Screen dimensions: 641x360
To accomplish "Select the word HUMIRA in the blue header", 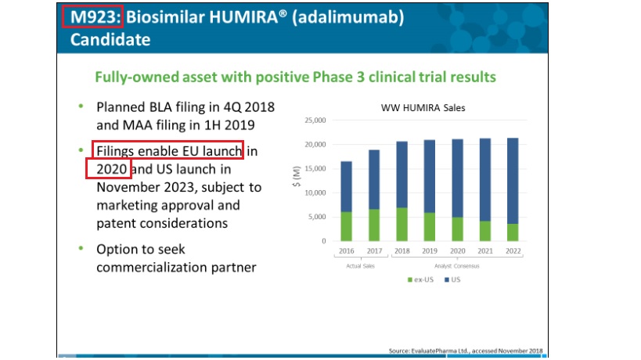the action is click(243, 17).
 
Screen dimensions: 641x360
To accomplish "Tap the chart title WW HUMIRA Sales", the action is click(423, 108).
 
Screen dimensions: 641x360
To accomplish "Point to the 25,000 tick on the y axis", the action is click(315, 121).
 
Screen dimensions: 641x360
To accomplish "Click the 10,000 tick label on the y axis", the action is click(315, 193).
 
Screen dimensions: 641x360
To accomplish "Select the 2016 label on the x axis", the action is click(346, 251).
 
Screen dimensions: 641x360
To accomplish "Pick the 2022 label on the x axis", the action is click(513, 251).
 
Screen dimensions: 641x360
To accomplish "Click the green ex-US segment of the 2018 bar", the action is click(402, 225).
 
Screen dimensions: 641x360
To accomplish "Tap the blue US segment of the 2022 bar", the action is click(513, 181).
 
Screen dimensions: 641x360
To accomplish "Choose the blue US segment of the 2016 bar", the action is click(346, 187).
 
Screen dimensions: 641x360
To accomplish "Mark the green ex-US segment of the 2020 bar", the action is click(457, 229).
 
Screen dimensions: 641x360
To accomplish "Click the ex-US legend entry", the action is click(420, 279).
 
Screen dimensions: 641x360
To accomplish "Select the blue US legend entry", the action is click(452, 279).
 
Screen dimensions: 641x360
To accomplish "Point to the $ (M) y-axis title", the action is click(297, 177).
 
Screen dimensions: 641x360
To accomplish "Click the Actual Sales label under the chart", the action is click(360, 266).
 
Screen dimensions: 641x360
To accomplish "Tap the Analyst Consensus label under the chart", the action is click(456, 266).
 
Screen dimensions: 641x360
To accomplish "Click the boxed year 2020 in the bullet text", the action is click(112, 169).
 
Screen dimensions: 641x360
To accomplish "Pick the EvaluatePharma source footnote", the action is click(466, 351).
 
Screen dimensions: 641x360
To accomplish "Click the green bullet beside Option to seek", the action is click(81, 248).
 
